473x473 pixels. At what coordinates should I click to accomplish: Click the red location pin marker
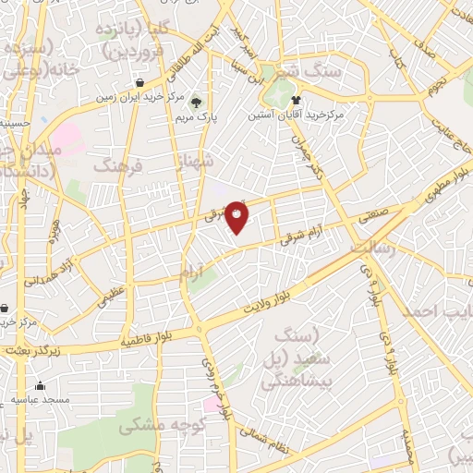pos(237,218)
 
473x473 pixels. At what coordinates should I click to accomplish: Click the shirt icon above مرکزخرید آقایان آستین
pos(296,99)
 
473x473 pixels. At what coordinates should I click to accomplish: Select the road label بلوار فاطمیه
pos(149,339)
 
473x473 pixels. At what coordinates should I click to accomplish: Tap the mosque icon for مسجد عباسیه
pos(40,386)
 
